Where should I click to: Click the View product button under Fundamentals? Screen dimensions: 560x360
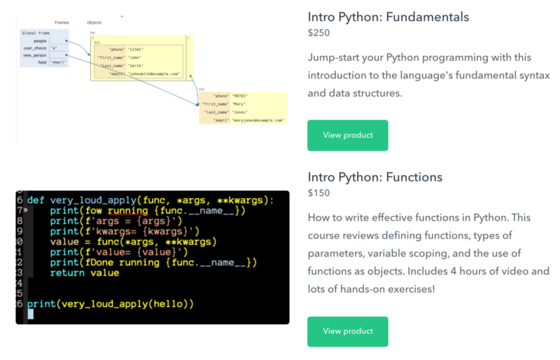click(x=347, y=135)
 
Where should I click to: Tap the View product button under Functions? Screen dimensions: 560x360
click(x=347, y=331)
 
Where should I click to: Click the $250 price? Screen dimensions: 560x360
click(x=318, y=33)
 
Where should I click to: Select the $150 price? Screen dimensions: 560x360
click(x=318, y=193)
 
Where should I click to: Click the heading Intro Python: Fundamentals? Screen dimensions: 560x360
click(x=388, y=17)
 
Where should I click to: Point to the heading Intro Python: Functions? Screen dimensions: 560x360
click(x=375, y=177)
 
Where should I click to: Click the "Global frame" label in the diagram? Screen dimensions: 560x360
click(x=35, y=33)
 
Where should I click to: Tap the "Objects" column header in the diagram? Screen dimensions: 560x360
click(x=94, y=22)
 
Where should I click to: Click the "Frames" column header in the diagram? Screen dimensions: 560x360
click(x=62, y=22)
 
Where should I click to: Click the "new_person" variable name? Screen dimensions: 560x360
click(x=34, y=55)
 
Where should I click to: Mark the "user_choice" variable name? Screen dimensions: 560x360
click(x=34, y=48)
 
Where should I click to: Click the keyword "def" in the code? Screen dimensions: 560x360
click(x=36, y=200)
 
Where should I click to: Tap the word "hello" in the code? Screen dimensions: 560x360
click(x=168, y=304)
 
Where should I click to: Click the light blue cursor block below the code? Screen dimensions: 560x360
click(x=30, y=314)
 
